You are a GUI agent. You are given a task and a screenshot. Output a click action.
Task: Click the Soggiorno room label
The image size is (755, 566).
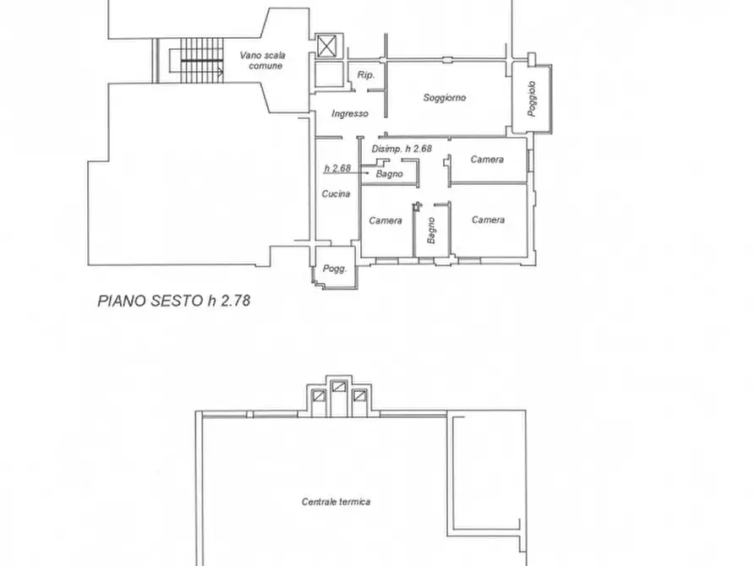(445, 98)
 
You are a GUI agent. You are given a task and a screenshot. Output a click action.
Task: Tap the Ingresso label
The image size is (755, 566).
(349, 113)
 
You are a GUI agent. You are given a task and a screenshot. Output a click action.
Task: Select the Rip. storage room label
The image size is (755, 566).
(365, 75)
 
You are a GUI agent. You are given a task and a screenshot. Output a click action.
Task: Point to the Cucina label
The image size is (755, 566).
(336, 193)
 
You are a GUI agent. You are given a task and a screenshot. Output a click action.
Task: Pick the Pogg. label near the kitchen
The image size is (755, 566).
(334, 269)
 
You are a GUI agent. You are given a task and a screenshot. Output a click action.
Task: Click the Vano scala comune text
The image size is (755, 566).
(263, 60)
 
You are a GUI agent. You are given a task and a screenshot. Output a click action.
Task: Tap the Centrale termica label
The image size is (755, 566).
(336, 502)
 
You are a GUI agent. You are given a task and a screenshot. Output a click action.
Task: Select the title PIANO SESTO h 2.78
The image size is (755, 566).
(174, 301)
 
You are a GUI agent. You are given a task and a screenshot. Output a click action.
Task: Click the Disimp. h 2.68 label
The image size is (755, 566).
(402, 149)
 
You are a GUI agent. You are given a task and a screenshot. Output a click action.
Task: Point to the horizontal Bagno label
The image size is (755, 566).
(389, 174)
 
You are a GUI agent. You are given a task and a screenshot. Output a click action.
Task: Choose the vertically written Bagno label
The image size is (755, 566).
(431, 230)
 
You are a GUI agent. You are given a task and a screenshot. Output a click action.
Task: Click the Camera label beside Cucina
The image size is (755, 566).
(386, 220)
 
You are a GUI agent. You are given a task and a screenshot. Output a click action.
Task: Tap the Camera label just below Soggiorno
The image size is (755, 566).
(487, 160)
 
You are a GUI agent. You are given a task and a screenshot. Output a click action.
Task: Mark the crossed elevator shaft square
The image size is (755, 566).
(326, 46)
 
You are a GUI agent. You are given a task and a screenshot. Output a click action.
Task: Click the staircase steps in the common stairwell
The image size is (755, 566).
(201, 60)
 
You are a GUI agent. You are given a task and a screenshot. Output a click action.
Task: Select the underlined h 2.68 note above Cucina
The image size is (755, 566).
(337, 168)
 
